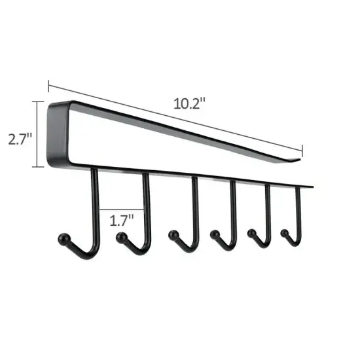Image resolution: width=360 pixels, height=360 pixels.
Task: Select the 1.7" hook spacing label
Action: pyautogui.click(x=122, y=220)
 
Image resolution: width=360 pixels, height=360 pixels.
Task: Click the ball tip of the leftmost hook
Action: pyautogui.click(x=63, y=238)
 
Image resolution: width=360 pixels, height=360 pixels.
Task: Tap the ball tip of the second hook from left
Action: pyautogui.click(x=120, y=240)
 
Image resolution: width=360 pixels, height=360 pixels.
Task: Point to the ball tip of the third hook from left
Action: pyautogui.click(x=173, y=234)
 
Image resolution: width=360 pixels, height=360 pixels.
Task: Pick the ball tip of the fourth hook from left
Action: pyautogui.click(x=214, y=233)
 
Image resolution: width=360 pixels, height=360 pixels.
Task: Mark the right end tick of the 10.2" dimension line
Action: pyautogui.click(x=302, y=149)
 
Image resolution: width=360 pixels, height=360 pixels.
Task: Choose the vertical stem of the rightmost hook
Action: pyautogui.click(x=300, y=206)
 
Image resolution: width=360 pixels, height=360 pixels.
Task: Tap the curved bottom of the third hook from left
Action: pyautogui.click(x=187, y=245)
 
